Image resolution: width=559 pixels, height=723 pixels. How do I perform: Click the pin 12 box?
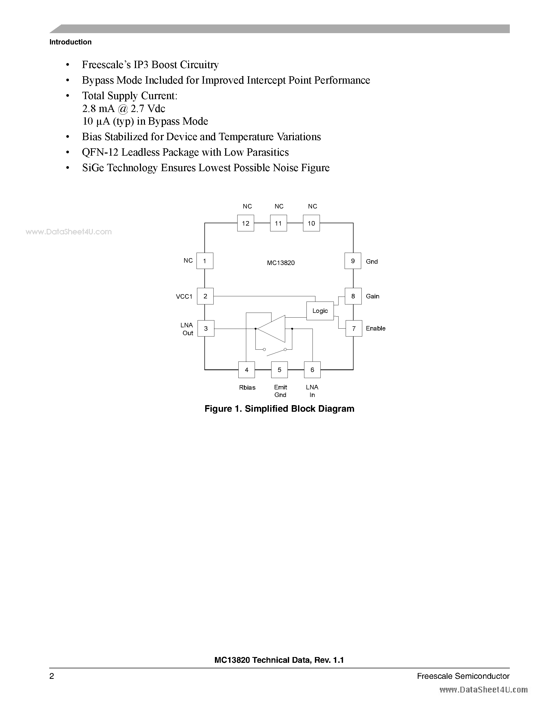245,223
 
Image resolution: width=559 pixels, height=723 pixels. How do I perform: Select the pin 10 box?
311,223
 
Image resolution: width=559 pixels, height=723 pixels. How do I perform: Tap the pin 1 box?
205,261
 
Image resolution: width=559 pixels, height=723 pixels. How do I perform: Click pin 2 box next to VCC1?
205,296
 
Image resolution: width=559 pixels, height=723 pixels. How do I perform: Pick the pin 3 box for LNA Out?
206,328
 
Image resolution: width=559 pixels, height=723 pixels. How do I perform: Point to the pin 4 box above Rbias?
247,370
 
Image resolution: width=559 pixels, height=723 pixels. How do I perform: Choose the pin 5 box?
279,370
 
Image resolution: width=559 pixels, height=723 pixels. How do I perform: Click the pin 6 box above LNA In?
312,370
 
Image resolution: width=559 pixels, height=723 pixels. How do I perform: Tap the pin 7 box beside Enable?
354,328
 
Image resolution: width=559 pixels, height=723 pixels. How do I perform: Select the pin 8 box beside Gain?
353,296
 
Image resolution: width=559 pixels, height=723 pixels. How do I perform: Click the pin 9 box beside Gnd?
353,261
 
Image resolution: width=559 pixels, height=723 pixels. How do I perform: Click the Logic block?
320,311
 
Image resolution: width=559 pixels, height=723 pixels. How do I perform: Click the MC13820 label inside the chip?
281,263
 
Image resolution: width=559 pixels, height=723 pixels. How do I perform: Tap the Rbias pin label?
247,387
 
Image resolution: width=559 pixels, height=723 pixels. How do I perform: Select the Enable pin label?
376,328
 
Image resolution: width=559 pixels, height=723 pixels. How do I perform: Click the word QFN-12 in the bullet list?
100,152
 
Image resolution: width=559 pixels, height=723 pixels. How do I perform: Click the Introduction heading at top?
70,42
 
